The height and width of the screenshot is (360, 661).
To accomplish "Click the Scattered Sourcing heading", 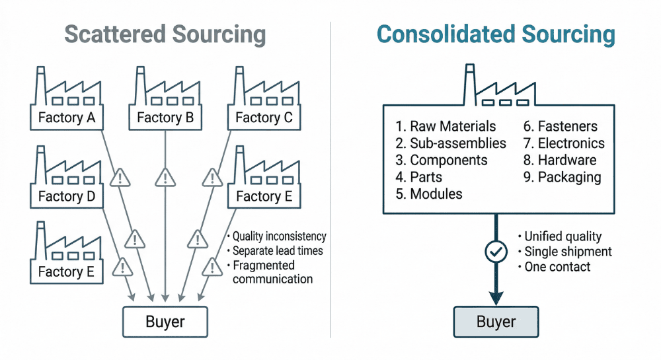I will pos(165,34).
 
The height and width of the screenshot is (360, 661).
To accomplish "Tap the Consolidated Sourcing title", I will pos(496,34).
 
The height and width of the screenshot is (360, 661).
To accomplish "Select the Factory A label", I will pos(67,118).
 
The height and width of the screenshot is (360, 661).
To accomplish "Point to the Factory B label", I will pos(165,118).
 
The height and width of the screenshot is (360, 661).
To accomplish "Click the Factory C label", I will pos(264,118).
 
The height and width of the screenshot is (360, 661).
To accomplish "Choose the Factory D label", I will pos(67,196).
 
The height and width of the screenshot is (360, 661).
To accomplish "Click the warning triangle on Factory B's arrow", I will pos(165,177).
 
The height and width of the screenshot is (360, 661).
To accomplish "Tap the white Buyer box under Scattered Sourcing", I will pos(165,322).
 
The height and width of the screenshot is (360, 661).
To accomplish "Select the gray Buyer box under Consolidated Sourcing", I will pos(496,322).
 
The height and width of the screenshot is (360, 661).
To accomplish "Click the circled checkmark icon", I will pos(496,251).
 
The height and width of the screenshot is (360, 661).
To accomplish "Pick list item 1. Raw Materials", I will pos(446,126).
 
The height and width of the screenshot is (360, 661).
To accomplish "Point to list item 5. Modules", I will pos(429,194).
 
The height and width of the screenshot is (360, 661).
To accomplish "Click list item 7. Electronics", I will pos(564,143).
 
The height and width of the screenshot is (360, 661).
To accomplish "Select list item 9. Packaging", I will pos(563,177).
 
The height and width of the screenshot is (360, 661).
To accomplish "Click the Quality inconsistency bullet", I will pos(276,236).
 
